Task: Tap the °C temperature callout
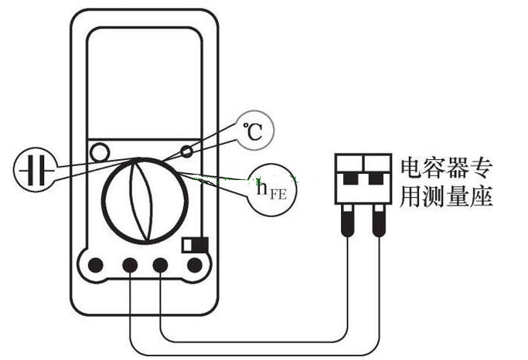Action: tap(255, 131)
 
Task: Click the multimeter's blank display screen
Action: tap(145, 83)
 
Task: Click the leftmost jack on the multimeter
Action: tap(96, 265)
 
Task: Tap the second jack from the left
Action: tap(130, 265)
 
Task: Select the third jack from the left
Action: tap(160, 265)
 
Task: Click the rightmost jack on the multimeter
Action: tap(195, 265)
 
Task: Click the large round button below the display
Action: tap(100, 152)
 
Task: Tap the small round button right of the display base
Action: tap(186, 151)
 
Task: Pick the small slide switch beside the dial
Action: tap(195, 245)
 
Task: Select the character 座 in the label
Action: tap(482, 195)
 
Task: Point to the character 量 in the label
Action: tap(458, 195)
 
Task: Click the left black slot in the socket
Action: tap(350, 178)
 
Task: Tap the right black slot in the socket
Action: tap(376, 178)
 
